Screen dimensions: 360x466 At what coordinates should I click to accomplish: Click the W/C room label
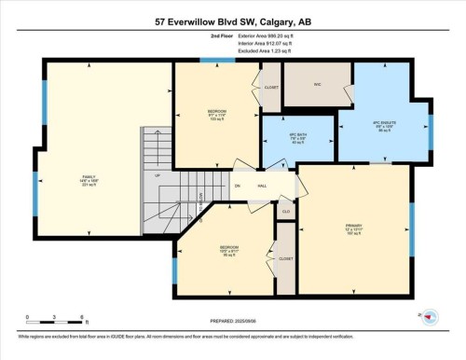point(317,84)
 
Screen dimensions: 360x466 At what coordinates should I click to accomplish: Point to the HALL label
point(263,186)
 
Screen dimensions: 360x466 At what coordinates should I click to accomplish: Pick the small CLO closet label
point(286,212)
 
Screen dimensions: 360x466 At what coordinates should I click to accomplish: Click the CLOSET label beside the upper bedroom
point(271,88)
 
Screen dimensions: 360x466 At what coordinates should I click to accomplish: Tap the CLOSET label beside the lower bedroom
point(286,258)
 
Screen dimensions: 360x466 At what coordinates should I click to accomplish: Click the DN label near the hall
point(238,186)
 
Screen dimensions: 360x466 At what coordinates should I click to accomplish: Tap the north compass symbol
point(431,317)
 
